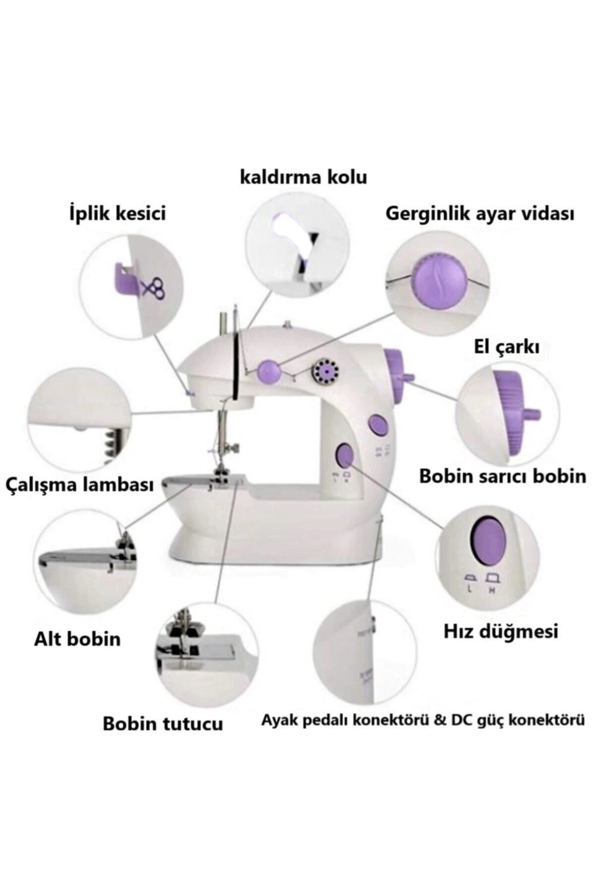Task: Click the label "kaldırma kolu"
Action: point(303,177)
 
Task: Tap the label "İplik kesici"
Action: point(117,214)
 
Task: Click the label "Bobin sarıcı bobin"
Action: point(502,477)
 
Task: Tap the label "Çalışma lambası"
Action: point(79,484)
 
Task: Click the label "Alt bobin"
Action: point(77,639)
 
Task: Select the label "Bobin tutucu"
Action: point(163,724)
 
